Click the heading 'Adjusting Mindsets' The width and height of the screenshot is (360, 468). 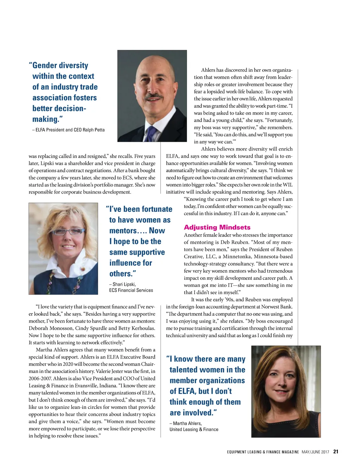[x=217, y=227]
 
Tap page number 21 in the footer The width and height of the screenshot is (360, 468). [x=336, y=452]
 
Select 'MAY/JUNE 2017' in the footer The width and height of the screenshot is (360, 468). [x=315, y=452]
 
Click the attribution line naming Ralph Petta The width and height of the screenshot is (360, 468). [x=69, y=130]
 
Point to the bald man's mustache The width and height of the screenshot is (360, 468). [x=154, y=96]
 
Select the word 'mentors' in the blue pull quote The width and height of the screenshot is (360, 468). [x=123, y=231]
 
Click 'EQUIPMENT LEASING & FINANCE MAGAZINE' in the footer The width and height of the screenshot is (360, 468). [x=263, y=452]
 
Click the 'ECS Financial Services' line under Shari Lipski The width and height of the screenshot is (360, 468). [x=131, y=290]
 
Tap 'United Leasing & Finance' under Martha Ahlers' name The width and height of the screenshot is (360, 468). [x=194, y=429]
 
